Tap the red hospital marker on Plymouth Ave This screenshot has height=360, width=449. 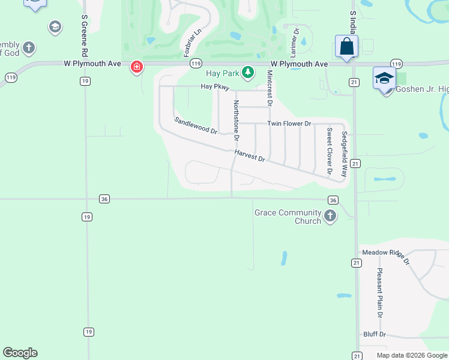(137, 66)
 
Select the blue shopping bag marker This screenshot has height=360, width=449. (347, 46)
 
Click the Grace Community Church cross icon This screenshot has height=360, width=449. (330, 216)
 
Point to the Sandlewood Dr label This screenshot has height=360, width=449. (196, 125)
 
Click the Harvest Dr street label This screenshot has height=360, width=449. (250, 156)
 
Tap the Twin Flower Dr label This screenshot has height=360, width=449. (289, 124)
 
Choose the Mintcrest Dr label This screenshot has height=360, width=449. (270, 88)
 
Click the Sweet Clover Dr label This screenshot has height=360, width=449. (330, 151)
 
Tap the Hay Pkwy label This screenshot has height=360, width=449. (215, 86)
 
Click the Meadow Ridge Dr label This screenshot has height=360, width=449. (384, 257)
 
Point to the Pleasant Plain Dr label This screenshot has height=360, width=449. (380, 292)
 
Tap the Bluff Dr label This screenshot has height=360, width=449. (375, 334)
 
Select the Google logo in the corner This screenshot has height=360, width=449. (20, 352)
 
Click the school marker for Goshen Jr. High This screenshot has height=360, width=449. (384, 78)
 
